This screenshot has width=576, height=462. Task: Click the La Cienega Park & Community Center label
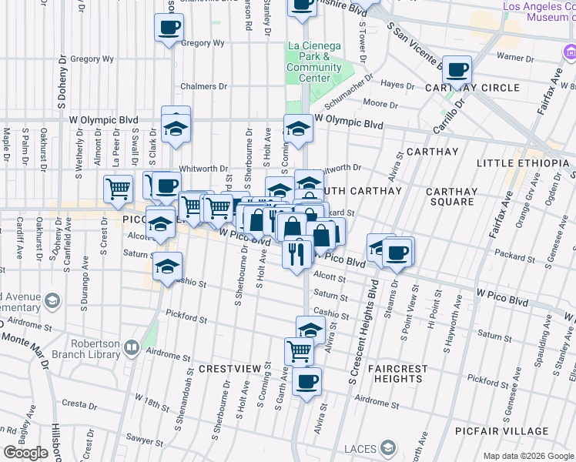pyautogui.click(x=313, y=62)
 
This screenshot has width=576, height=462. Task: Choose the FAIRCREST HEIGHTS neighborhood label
pyautogui.click(x=398, y=374)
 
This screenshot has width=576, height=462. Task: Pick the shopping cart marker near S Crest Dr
pyautogui.click(x=118, y=188)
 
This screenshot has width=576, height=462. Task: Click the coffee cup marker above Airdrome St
pyautogui.click(x=306, y=381)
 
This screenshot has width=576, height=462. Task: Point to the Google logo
pyautogui.click(x=26, y=453)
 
